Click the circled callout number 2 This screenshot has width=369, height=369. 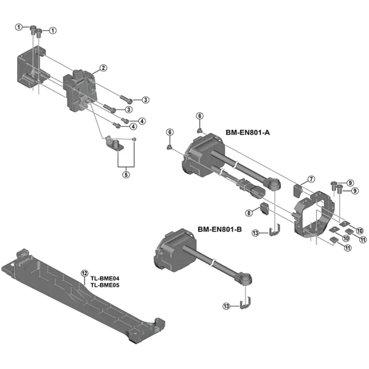(103, 68)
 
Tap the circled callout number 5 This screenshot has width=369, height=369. (125, 174)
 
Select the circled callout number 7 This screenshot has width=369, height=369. (311, 179)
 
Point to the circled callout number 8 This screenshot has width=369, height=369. (249, 213)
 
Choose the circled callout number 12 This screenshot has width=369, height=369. (84, 273)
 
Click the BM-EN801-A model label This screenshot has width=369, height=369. (247, 132)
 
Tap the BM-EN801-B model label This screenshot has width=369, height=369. (220, 228)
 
